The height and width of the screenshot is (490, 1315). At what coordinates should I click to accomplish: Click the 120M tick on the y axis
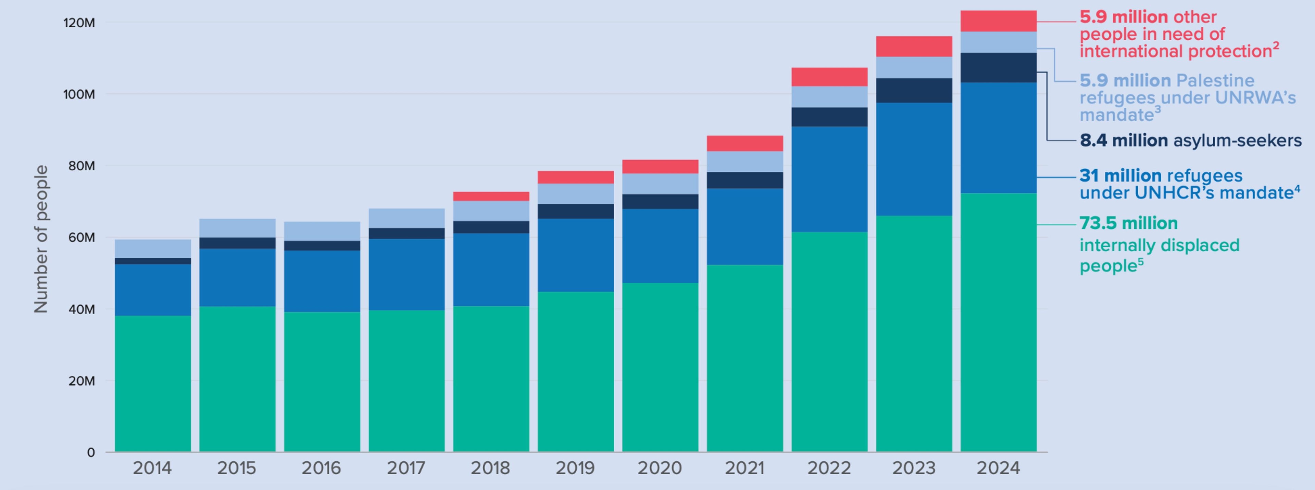click(79, 23)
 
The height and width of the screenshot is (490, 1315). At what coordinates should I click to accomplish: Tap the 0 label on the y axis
click(90, 453)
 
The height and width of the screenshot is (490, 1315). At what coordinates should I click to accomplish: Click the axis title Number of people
click(41, 239)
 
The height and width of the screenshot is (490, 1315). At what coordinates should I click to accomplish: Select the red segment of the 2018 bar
click(491, 196)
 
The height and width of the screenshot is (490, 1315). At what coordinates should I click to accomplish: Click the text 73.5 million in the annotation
click(1128, 223)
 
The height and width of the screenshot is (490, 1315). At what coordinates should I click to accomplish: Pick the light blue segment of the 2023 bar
click(914, 67)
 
